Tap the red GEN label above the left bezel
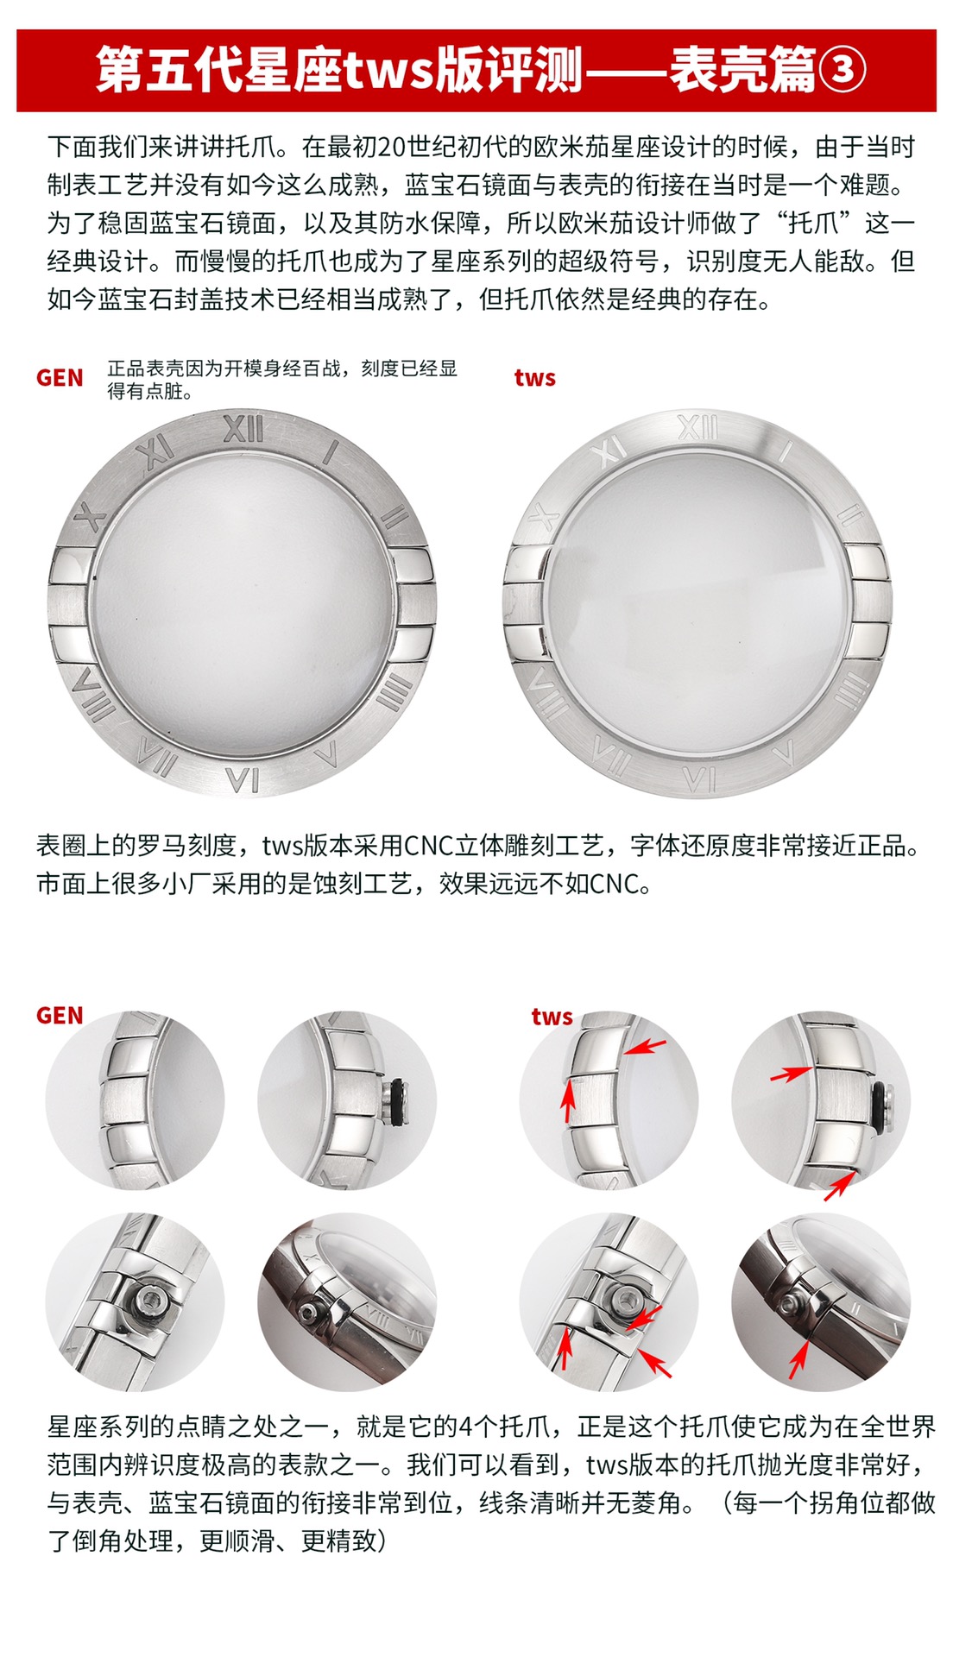tap(60, 378)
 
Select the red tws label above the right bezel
tap(534, 378)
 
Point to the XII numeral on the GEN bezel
tap(243, 429)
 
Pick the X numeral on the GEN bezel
tap(90, 517)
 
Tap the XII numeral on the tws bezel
tap(697, 427)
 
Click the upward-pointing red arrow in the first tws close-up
tap(568, 1100)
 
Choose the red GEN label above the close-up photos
tap(60, 1015)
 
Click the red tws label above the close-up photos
tap(552, 1016)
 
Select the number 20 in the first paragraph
tap(391, 148)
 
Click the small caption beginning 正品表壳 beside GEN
tap(282, 380)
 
